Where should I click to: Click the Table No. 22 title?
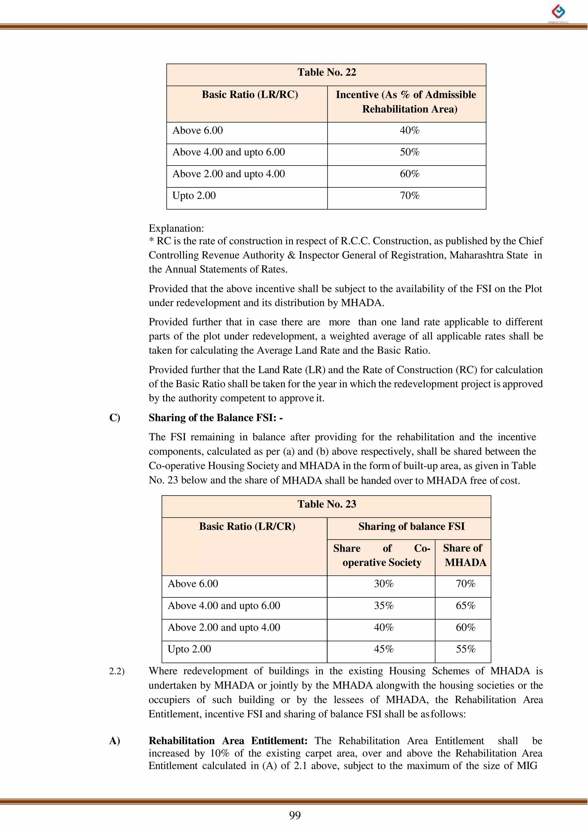[x=326, y=72]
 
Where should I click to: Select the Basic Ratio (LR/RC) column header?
[x=250, y=95]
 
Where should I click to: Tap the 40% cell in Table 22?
[x=409, y=131]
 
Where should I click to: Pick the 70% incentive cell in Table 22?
[x=409, y=196]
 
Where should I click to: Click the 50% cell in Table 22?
[x=409, y=152]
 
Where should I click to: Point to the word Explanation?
[x=176, y=228]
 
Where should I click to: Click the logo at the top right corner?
[x=558, y=12]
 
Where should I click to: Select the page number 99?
[x=295, y=815]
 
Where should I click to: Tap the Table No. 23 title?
[x=326, y=504]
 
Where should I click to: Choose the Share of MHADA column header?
[x=463, y=555]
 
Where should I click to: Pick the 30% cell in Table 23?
[x=383, y=584]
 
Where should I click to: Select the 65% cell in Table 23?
[x=465, y=606]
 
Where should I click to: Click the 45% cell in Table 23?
[x=383, y=649]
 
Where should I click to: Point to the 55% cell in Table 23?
[x=465, y=649]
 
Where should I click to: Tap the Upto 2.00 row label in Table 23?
[x=189, y=649]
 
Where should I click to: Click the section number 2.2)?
[x=117, y=671]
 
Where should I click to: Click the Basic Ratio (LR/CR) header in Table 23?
[x=247, y=526]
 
